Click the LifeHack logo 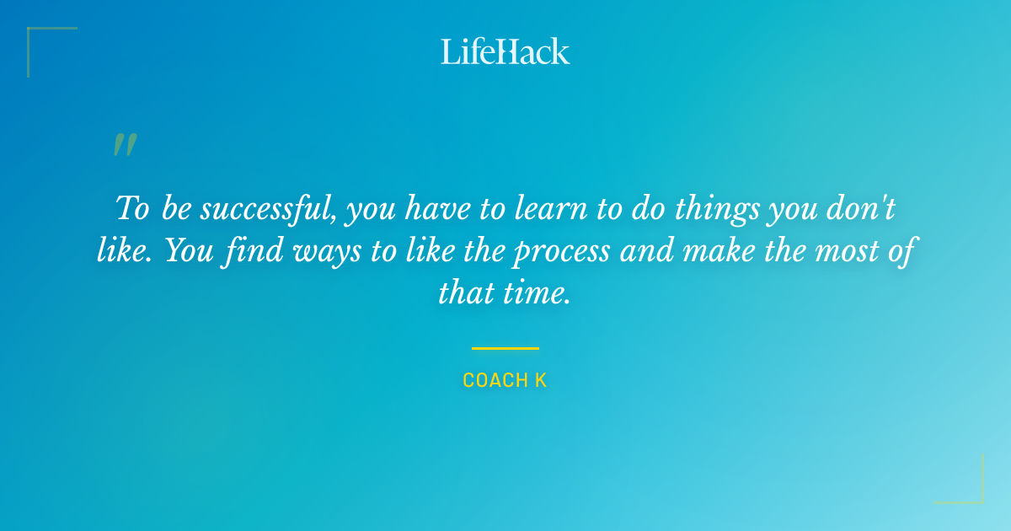505,51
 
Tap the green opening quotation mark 125,145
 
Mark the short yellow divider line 505,347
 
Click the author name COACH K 505,381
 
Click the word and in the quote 641,251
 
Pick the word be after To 177,208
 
